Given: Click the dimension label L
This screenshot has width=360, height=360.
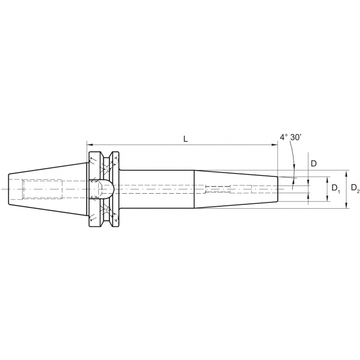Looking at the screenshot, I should coord(186,138).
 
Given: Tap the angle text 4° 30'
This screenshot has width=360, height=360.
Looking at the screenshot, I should coord(290,137).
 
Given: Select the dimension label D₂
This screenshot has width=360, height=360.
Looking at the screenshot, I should coord(355,188).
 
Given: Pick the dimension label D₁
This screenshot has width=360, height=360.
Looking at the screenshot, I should coord(336,189).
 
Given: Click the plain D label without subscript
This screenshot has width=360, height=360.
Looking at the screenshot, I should coord(313,163).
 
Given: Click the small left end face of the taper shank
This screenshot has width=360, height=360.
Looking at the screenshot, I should coord(9,189).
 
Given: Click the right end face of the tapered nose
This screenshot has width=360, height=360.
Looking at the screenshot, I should coord(278,189).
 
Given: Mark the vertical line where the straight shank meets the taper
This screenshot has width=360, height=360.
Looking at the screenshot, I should coord(194,189).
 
